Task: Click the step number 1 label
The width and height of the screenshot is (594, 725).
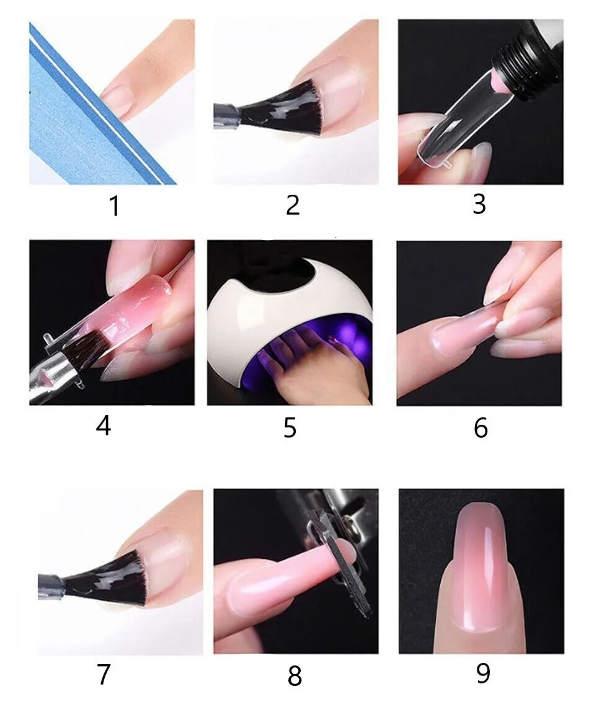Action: coord(114,206)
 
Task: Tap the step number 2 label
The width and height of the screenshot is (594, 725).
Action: coord(293,205)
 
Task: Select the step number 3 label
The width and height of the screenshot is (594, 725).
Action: coord(479,204)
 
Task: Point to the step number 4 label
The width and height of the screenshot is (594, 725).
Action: coord(104,425)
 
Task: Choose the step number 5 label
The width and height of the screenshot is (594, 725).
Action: coord(290,427)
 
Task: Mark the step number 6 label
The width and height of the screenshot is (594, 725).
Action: coord(481,427)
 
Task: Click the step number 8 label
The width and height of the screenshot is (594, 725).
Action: coord(295,675)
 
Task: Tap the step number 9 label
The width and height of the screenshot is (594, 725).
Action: coord(483,674)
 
